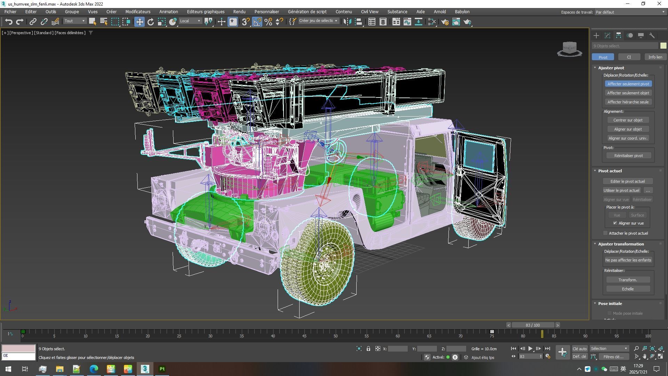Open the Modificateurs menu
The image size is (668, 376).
pyautogui.click(x=138, y=11)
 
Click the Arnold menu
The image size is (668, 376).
pyautogui.click(x=439, y=11)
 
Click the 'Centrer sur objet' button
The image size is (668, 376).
pyautogui.click(x=628, y=120)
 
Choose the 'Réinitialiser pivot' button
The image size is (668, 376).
pyautogui.click(x=628, y=156)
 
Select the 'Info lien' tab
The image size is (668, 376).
pyautogui.click(x=655, y=57)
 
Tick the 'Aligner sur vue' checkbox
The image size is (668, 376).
pyautogui.click(x=615, y=223)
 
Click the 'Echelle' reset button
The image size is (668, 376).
pyautogui.click(x=628, y=289)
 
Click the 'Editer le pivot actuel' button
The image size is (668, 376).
pyautogui.click(x=627, y=181)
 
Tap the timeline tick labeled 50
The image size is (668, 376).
pyautogui.click(x=335, y=336)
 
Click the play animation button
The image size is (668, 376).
pyautogui.click(x=530, y=348)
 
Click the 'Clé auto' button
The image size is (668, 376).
pyautogui.click(x=579, y=348)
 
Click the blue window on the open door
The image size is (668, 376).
pyautogui.click(x=479, y=156)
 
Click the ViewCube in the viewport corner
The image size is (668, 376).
pyautogui.click(x=570, y=49)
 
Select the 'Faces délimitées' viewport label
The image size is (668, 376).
pyautogui.click(x=70, y=33)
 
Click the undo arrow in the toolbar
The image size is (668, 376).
pyautogui.click(x=9, y=22)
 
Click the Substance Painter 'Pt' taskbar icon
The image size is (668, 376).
pyautogui.click(x=162, y=369)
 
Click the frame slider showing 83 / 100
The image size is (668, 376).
pyautogui.click(x=533, y=325)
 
